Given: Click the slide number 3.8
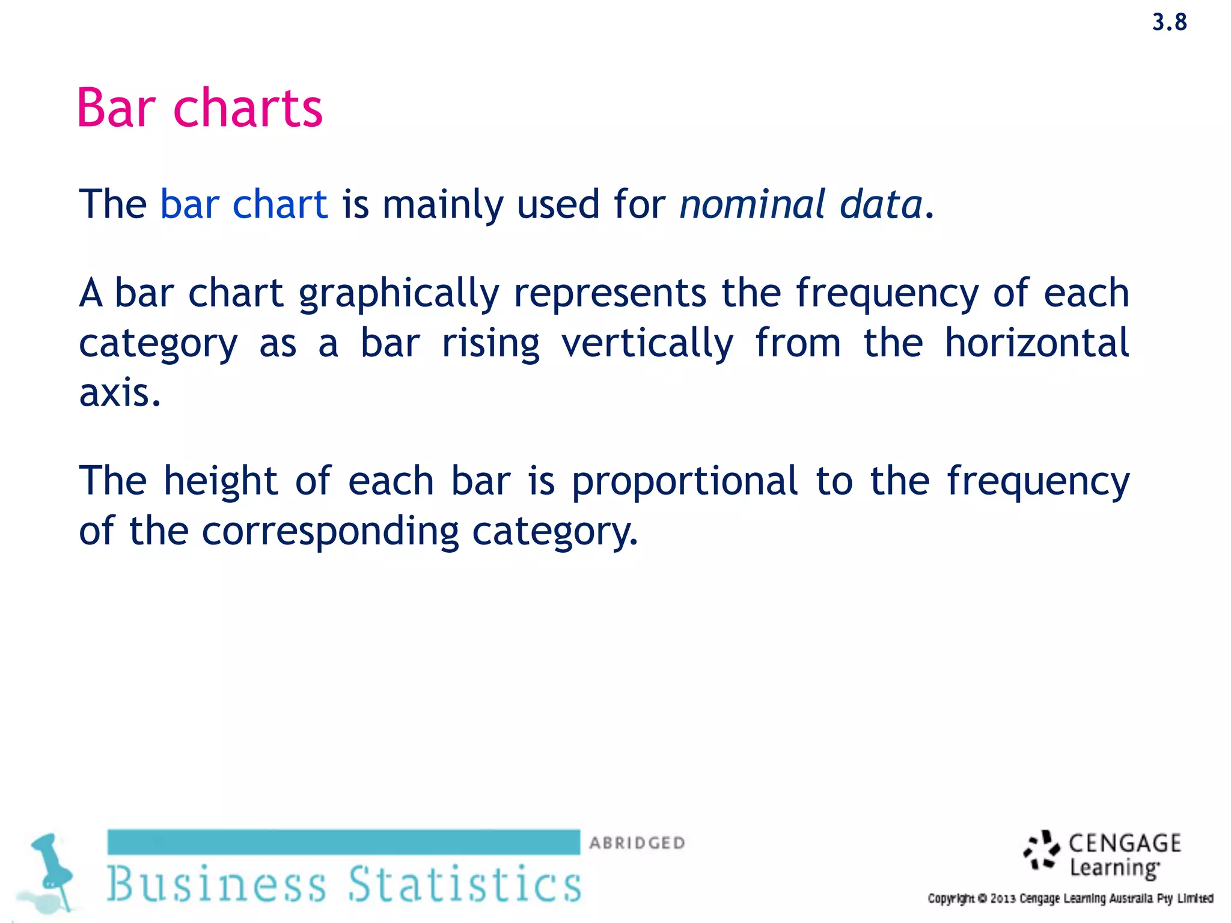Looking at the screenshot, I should (x=1169, y=23).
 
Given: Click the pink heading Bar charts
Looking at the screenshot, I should (x=200, y=108).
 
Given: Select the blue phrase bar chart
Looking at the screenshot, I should (x=243, y=204).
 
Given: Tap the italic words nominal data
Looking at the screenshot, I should (x=800, y=204).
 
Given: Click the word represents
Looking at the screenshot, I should (x=610, y=293).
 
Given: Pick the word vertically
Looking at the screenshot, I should (x=647, y=344).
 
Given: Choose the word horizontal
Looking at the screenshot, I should (x=1037, y=343).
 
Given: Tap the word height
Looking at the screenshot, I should (x=221, y=482).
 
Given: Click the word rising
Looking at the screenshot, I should (x=490, y=344).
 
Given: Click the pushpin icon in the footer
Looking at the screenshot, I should (x=52, y=870).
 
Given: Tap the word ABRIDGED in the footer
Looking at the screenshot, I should (x=637, y=843).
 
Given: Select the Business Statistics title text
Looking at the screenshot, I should (x=344, y=883).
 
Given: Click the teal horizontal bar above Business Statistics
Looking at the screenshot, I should (x=344, y=842).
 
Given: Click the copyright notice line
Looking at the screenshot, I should (x=1070, y=898).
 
